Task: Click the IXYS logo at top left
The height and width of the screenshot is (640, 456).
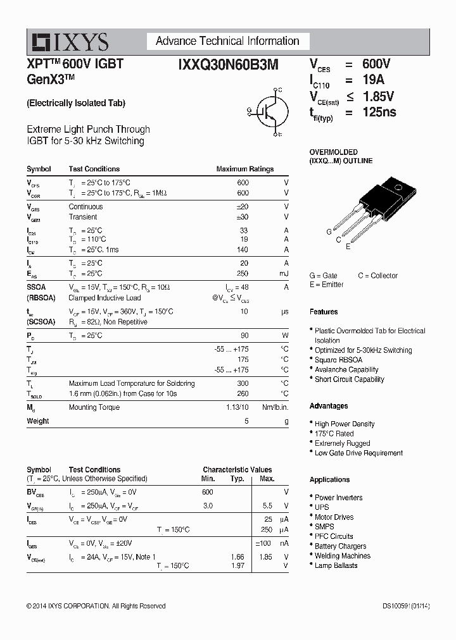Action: click(70, 42)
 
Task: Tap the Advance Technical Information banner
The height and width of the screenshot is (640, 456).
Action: click(227, 41)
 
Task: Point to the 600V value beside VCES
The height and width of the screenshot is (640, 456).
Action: click(376, 64)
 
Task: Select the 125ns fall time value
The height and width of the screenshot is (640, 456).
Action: click(379, 113)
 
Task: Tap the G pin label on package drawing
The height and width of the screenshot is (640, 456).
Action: click(329, 232)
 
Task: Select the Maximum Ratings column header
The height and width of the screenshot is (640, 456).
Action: click(244, 169)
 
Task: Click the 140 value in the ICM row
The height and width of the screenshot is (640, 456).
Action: click(243, 250)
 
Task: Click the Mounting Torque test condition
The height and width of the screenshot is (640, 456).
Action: click(94, 407)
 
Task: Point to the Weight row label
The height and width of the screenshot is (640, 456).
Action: click(37, 421)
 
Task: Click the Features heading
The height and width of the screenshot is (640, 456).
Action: click(324, 312)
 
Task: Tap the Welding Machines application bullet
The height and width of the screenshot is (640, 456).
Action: click(342, 556)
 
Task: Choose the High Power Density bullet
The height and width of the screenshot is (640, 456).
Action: click(345, 424)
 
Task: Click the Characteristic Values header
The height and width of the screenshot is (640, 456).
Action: click(237, 470)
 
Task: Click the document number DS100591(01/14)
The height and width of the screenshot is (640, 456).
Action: click(405, 606)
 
